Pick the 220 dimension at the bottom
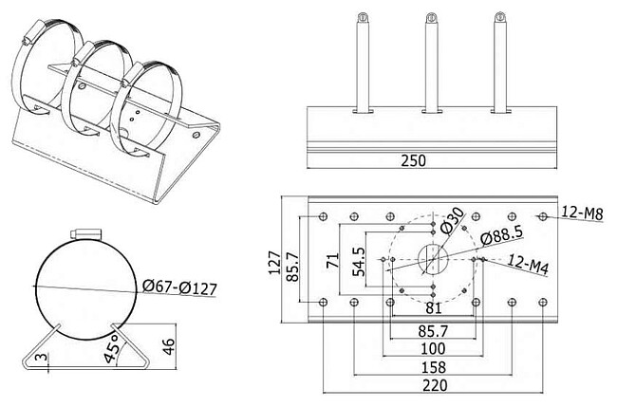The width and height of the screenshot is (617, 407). (x=435, y=385)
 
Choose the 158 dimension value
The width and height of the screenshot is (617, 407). (x=433, y=365)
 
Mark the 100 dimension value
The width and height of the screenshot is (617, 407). (x=433, y=347)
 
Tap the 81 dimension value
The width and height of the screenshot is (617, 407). (x=435, y=308)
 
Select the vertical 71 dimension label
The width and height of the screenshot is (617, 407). (x=332, y=261)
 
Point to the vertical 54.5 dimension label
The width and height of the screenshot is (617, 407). (x=357, y=261)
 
